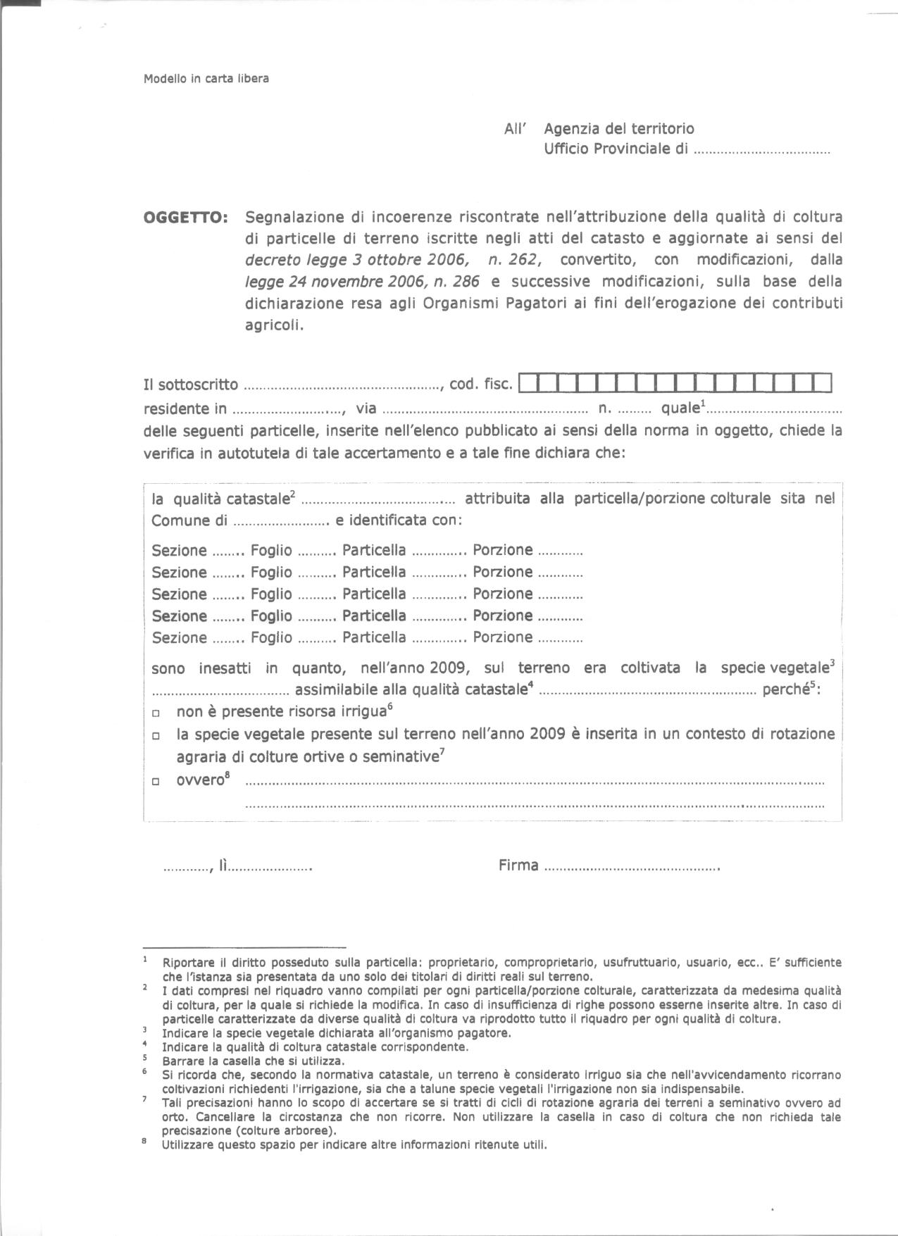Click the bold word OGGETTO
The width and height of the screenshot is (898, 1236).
(x=185, y=218)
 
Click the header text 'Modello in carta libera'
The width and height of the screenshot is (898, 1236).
(x=206, y=79)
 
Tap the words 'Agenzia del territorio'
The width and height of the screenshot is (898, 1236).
(x=618, y=128)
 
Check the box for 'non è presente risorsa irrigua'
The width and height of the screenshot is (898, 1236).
(x=156, y=713)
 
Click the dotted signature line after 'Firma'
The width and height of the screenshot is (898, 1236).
(x=632, y=868)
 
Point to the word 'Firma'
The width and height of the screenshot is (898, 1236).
(x=518, y=866)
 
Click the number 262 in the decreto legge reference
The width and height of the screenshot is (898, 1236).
(x=523, y=260)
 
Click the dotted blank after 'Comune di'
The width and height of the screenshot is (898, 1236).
(x=281, y=523)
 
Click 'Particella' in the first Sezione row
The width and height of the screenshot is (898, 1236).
(x=374, y=550)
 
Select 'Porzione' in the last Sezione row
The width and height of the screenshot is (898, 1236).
(x=502, y=637)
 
